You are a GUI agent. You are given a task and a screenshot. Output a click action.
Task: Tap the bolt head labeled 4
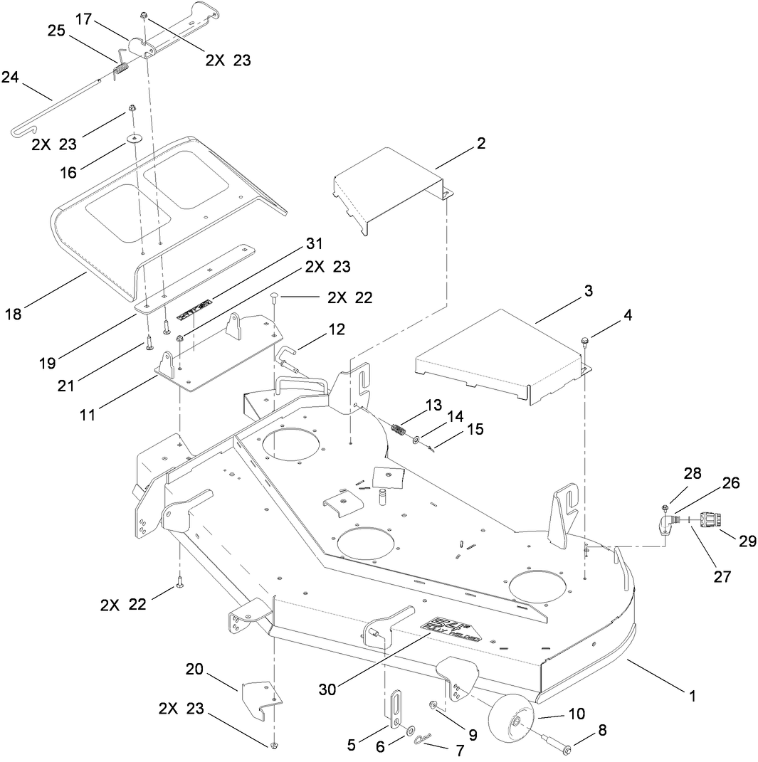pos(585,341)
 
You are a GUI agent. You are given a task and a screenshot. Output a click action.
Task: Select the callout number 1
pos(693,697)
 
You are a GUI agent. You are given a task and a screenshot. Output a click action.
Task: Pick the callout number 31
pos(315,244)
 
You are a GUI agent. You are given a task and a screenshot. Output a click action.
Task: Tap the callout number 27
pos(723,577)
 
